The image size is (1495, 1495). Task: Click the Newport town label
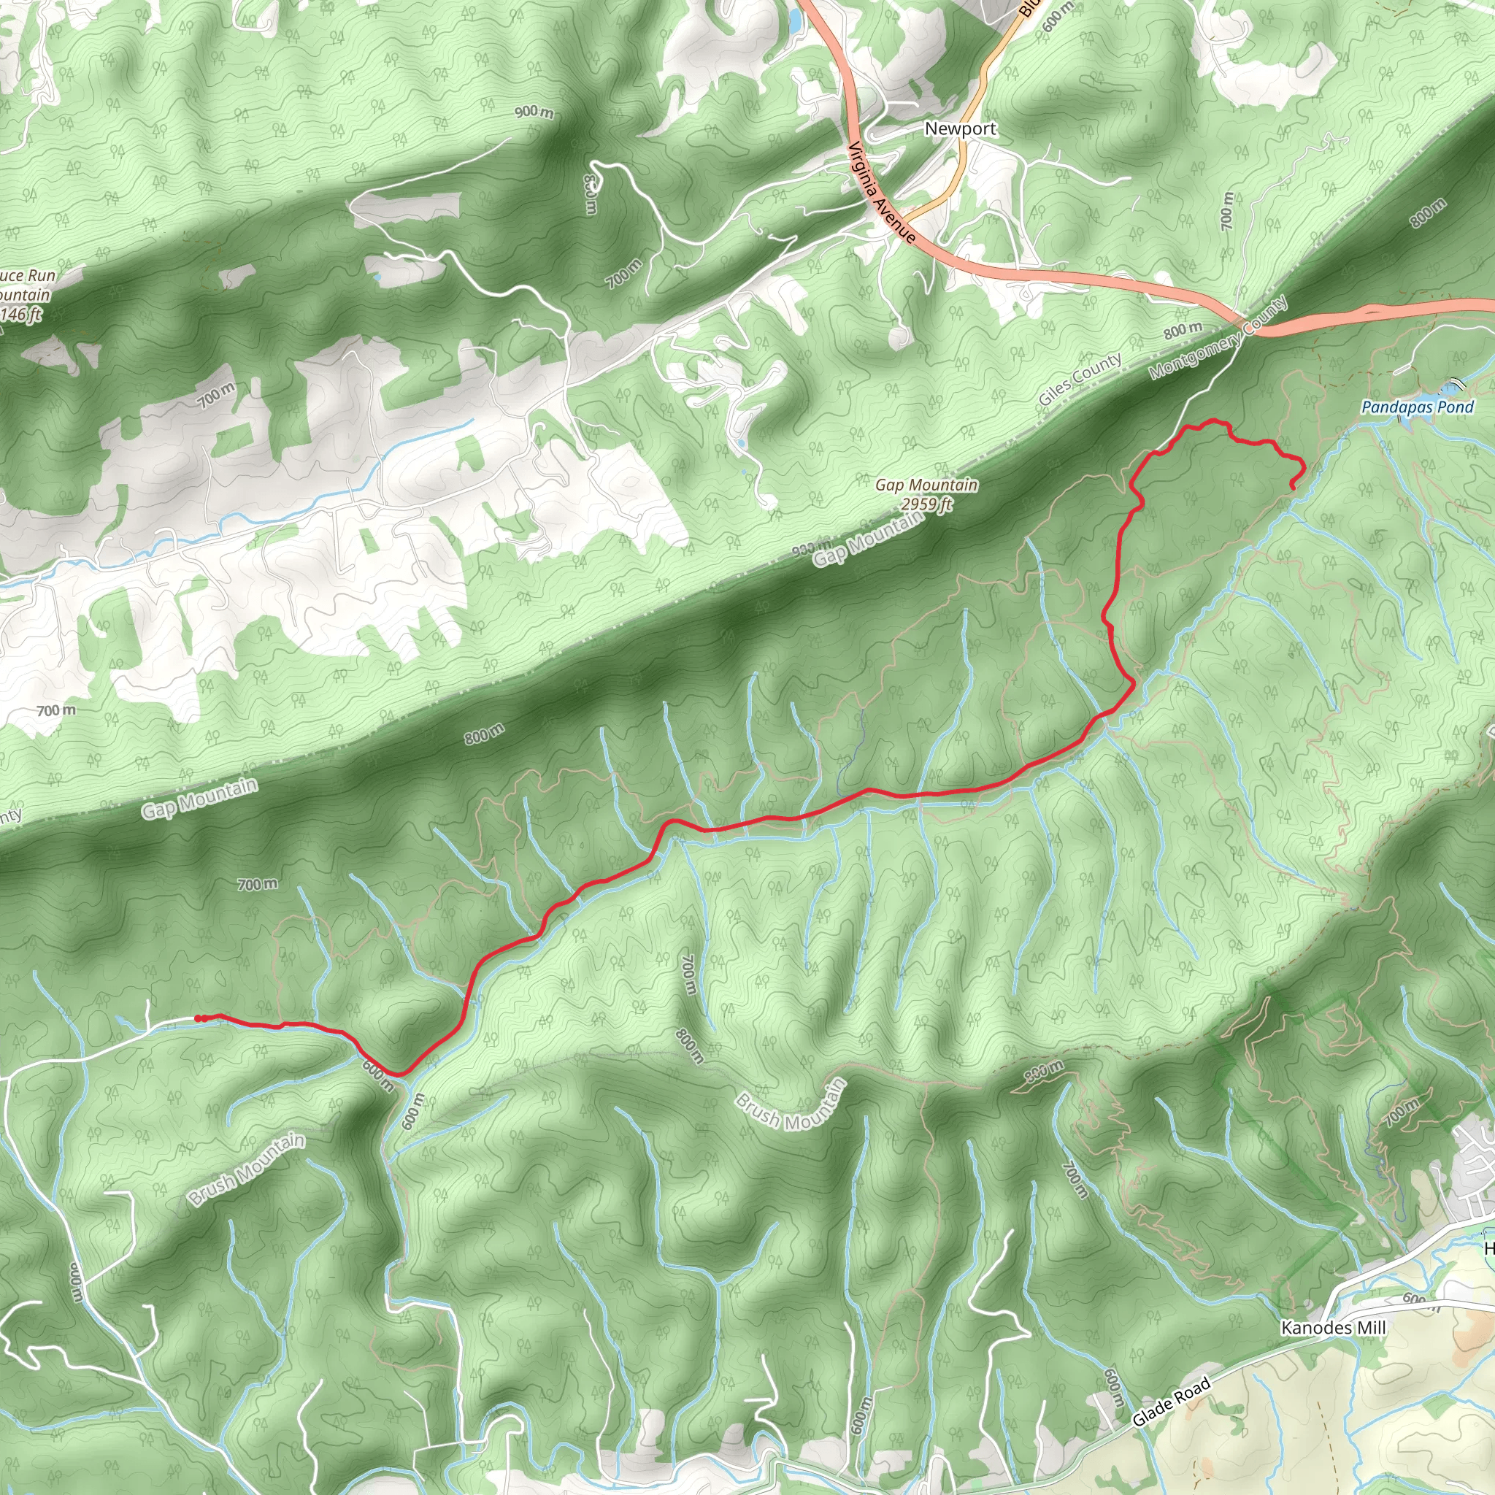[961, 128]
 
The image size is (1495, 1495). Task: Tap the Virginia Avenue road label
[882, 193]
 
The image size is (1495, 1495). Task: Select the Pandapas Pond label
[1418, 407]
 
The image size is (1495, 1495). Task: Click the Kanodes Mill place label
[1333, 1328]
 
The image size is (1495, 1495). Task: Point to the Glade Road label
[1171, 1404]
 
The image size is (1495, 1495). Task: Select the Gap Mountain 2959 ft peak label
[926, 494]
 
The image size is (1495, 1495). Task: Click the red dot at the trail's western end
[199, 1018]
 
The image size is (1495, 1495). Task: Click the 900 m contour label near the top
[534, 112]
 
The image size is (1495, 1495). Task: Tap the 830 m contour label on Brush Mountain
[1045, 1072]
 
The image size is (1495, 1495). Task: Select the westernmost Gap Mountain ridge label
[199, 799]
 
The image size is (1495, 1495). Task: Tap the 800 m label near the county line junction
[1183, 331]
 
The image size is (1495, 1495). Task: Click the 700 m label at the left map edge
[56, 710]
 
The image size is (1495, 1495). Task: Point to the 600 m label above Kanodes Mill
[1413, 1299]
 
